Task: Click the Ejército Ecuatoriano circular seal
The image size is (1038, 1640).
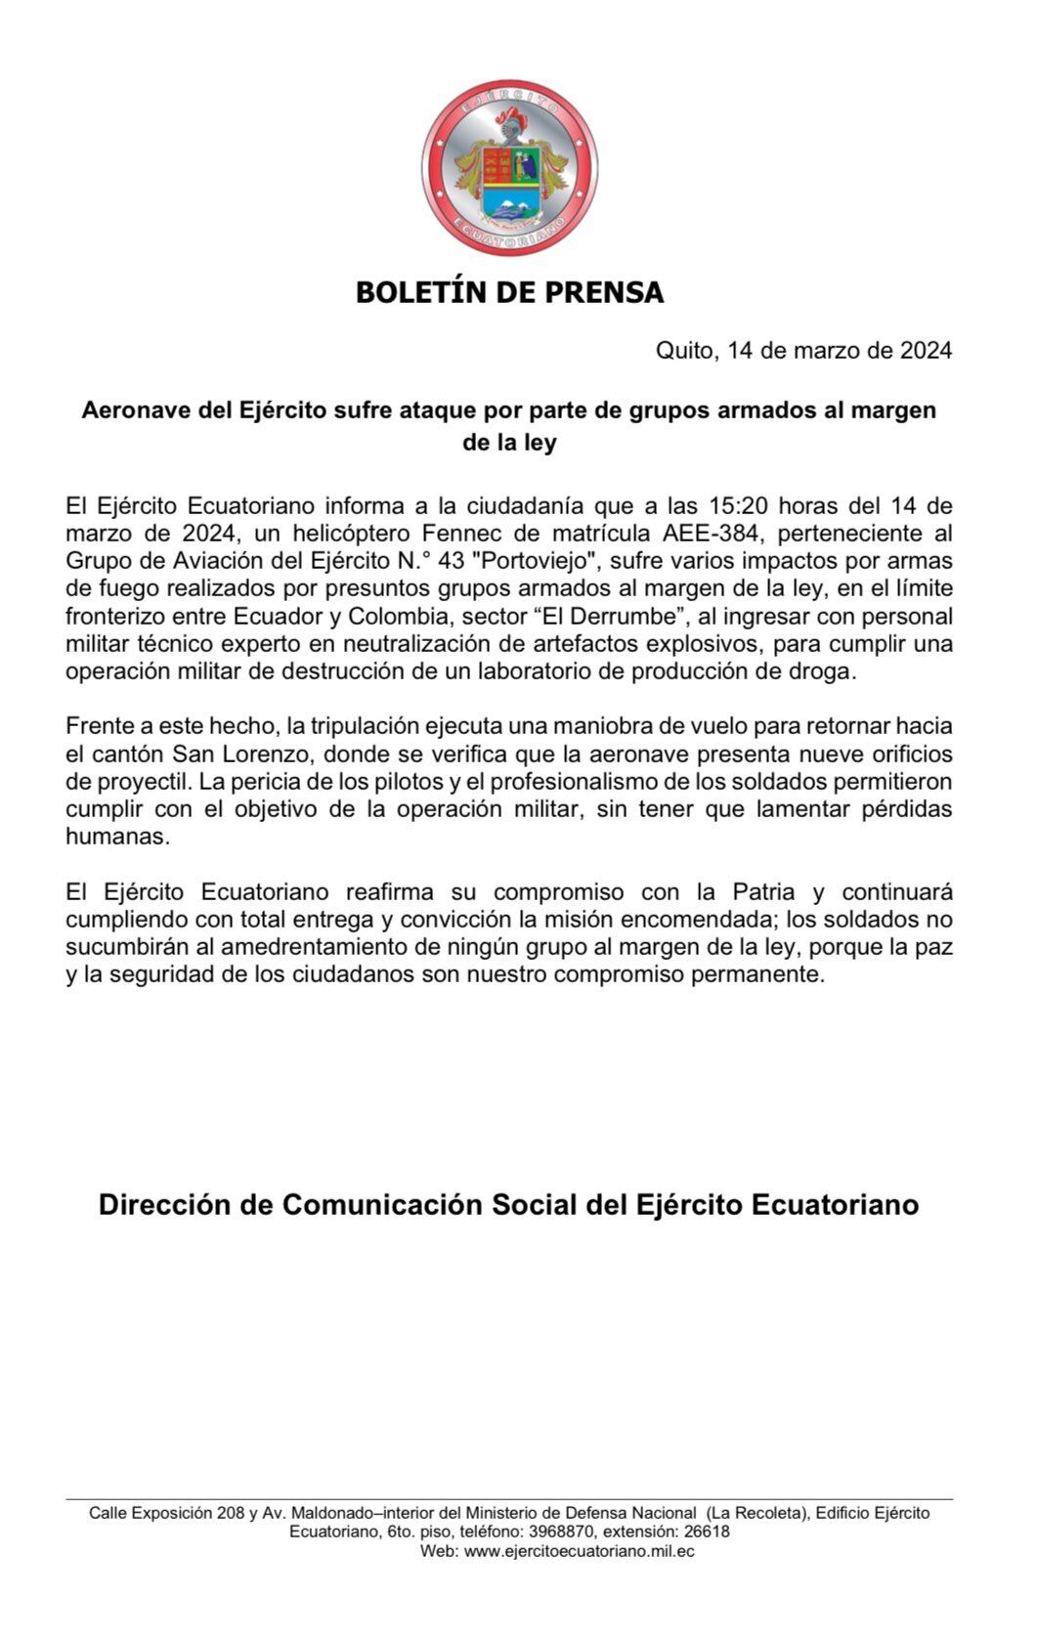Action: [509, 169]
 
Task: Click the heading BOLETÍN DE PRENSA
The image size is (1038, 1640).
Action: [509, 292]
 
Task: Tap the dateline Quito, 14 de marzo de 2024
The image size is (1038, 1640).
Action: [803, 351]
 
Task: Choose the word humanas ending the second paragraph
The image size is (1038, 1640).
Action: [117, 837]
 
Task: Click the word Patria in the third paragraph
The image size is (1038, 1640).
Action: [757, 892]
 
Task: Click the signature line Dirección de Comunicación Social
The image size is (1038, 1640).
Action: [508, 1204]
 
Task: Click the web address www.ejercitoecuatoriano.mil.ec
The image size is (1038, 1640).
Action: [580, 1551]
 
